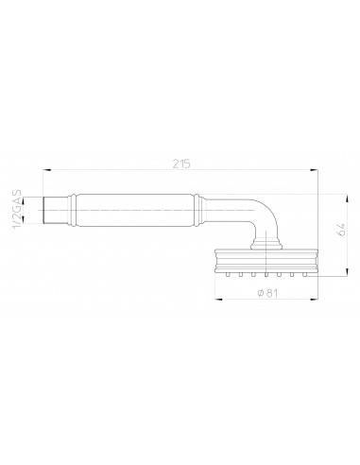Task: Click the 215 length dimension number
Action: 181,164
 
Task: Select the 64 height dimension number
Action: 341,230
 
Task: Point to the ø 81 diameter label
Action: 267,293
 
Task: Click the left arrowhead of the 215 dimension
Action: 46,170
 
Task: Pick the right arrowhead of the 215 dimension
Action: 314,170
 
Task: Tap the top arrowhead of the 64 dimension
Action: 347,198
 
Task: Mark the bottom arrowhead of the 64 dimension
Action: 347,272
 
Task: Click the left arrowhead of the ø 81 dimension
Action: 218,299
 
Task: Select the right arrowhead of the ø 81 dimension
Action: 314,299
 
